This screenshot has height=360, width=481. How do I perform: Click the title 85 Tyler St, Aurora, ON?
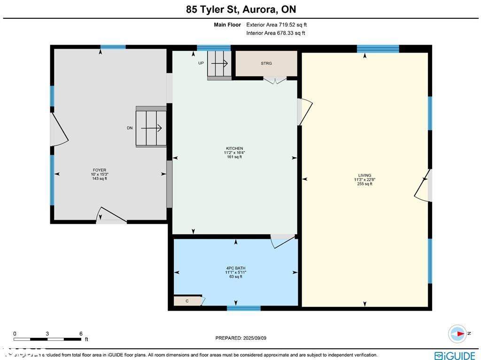(240, 9)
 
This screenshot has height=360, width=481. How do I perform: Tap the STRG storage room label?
(266, 63)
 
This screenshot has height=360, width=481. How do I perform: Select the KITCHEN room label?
(234, 149)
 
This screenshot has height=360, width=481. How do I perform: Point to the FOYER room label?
(99, 170)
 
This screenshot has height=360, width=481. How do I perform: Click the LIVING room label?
(365, 175)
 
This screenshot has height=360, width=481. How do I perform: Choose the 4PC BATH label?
(236, 268)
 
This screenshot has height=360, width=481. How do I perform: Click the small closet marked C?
(187, 301)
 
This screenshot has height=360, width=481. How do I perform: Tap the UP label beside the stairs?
(201, 63)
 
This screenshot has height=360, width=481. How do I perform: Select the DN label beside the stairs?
(130, 128)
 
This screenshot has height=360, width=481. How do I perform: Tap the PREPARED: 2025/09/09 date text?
(240, 338)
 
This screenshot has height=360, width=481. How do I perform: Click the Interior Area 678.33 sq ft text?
(276, 33)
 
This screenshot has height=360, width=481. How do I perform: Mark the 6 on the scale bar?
(81, 334)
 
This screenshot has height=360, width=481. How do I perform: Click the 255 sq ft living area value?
(365, 184)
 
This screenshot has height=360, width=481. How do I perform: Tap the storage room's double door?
(274, 80)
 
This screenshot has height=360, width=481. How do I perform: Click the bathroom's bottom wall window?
(243, 308)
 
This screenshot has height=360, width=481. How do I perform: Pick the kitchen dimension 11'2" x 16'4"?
(234, 153)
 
